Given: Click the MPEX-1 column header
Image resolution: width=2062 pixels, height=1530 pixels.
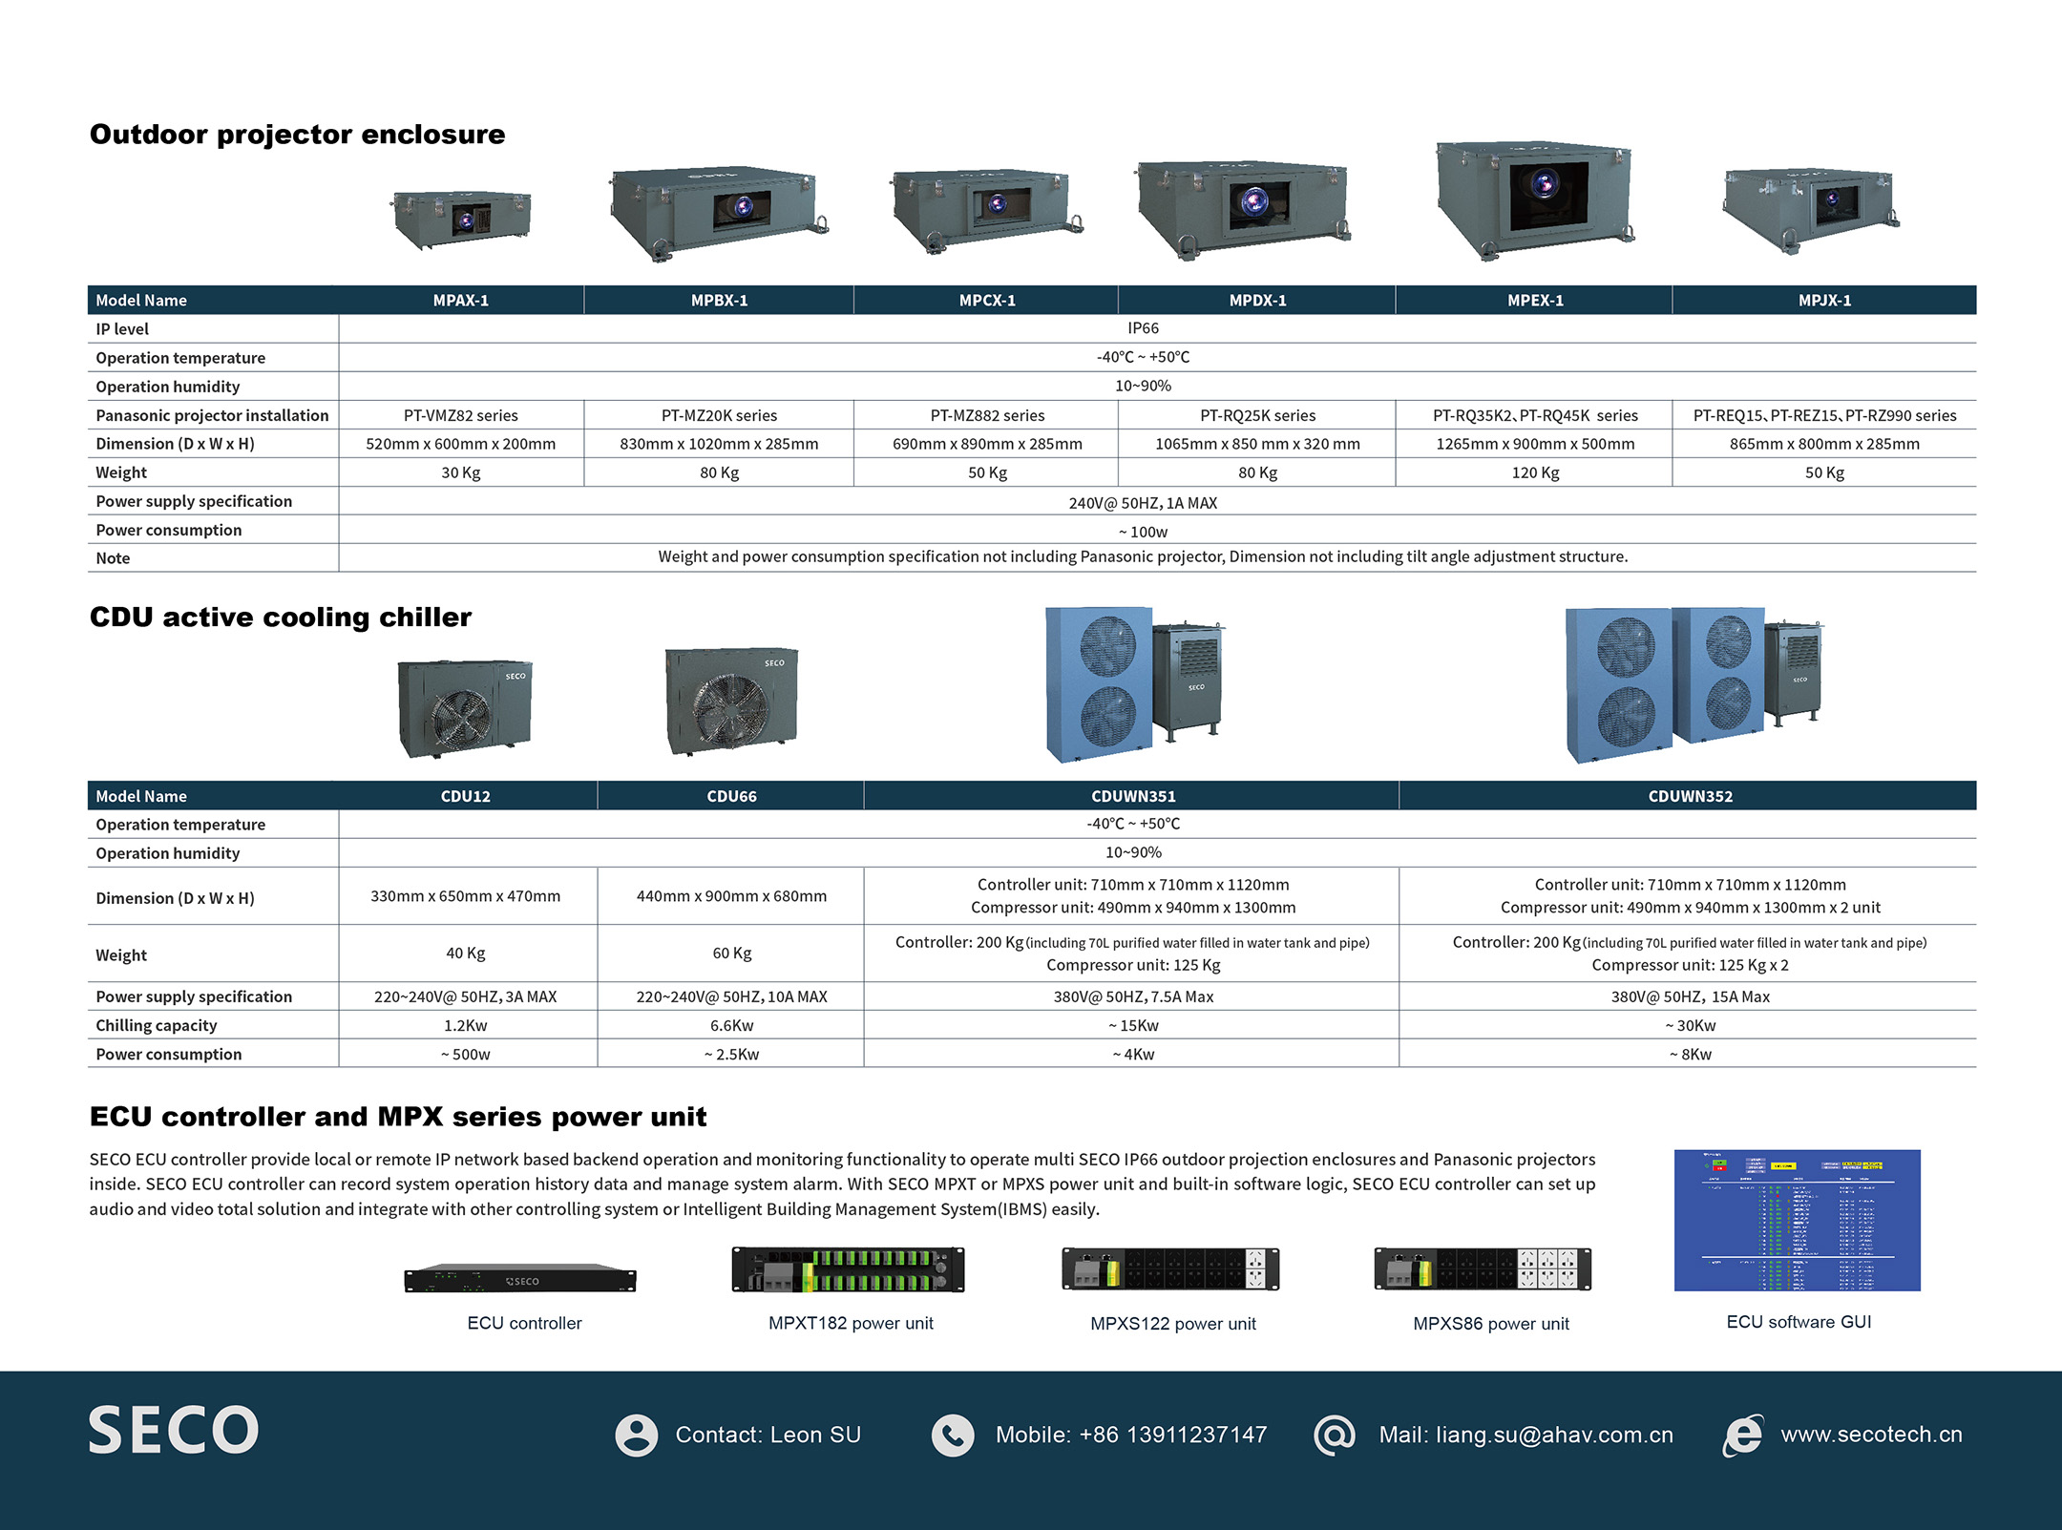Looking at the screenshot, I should [x=1534, y=301].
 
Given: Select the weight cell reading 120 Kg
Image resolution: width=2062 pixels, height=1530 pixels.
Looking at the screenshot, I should [x=1534, y=472].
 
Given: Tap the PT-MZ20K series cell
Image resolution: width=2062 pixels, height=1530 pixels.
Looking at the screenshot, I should [x=719, y=415].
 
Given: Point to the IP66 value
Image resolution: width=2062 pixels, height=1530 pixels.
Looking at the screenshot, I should [x=1143, y=328].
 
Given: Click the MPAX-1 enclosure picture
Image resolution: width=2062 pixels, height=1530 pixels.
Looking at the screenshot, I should [x=462, y=219].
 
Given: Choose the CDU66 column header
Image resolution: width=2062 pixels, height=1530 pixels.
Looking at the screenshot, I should [x=731, y=796].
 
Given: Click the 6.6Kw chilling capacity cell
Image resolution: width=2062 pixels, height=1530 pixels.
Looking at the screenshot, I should [x=731, y=1025].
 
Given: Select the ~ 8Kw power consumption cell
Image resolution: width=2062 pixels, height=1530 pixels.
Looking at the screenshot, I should [x=1690, y=1054].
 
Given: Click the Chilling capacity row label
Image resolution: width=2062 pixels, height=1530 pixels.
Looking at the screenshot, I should [x=157, y=1025].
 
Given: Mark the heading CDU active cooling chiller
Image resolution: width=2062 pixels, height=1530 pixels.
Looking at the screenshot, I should [x=281, y=618].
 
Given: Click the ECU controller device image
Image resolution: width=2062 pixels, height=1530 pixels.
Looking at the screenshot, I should [x=520, y=1278].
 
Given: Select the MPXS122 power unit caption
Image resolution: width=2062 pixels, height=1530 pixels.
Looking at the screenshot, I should [x=1172, y=1324].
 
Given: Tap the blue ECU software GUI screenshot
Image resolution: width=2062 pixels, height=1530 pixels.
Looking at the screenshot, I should [x=1797, y=1220].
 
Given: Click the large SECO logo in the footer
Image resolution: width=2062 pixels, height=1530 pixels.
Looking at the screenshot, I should [x=174, y=1430].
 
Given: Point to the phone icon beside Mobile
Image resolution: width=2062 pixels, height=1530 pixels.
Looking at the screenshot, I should [x=953, y=1435].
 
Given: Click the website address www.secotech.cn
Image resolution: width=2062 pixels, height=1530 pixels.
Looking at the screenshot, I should [x=1871, y=1435].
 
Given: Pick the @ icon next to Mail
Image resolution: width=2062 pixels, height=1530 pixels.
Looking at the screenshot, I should [x=1334, y=1435].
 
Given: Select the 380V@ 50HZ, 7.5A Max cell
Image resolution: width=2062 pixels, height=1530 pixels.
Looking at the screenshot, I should [x=1133, y=996].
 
